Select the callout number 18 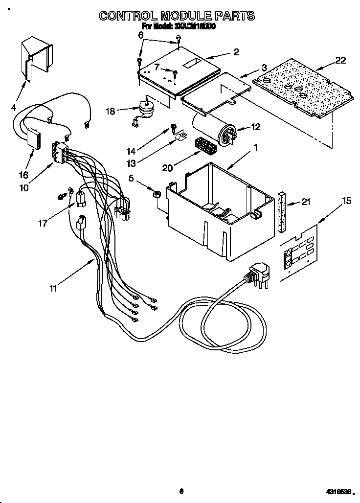(110, 111)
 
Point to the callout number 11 (53, 289)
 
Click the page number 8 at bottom (181, 491)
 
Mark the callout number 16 (23, 174)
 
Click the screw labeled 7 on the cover (175, 73)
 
